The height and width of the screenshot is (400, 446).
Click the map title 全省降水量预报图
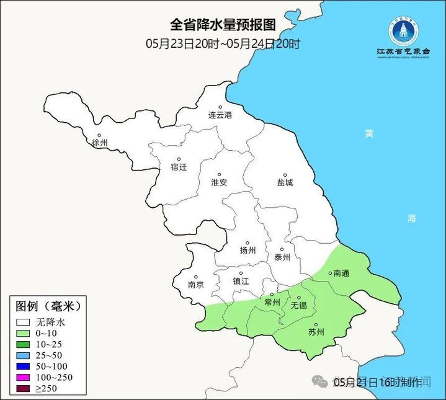tap(222, 25)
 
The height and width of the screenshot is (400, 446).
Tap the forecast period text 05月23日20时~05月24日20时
tap(223, 43)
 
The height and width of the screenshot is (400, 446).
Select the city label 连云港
tap(220, 115)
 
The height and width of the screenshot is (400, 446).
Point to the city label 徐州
tap(100, 143)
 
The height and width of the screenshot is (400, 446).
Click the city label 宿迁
tap(179, 167)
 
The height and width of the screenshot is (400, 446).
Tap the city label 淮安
tap(219, 182)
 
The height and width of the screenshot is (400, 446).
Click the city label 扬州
tap(248, 251)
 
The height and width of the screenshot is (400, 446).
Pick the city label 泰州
tap(282, 257)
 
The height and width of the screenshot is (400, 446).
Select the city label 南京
tap(195, 285)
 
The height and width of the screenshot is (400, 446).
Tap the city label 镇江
tap(241, 281)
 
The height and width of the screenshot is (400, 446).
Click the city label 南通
tap(342, 273)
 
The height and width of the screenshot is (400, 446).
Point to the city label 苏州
tap(316, 332)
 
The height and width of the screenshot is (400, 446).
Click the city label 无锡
tap(299, 306)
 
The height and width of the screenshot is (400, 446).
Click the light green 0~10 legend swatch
tap(24, 333)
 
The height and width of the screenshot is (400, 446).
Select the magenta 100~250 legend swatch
tap(24, 378)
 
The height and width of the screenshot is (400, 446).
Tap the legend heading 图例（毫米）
tap(48, 306)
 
